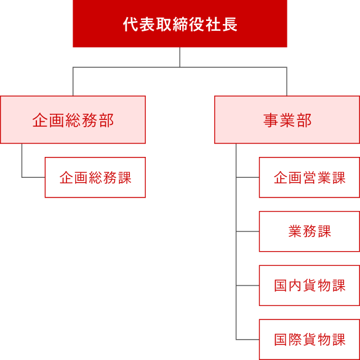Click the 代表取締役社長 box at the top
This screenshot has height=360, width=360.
180,24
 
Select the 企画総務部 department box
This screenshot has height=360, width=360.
73,120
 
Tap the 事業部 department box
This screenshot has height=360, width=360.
287,120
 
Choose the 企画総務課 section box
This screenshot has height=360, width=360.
95,178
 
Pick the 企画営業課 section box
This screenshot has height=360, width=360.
309,178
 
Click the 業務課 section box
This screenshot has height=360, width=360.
309,231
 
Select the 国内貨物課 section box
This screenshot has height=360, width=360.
309,286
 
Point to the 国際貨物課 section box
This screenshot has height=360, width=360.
309,339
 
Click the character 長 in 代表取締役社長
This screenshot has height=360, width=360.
231,25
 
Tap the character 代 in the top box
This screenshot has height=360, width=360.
129,25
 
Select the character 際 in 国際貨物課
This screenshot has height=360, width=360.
295,340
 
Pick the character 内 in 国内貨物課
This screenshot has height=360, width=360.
295,286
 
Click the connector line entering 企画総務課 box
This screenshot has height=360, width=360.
33,177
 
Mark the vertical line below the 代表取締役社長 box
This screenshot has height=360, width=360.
180,57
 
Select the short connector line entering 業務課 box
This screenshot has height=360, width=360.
247,231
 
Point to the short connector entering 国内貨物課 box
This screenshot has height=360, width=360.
247,286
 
